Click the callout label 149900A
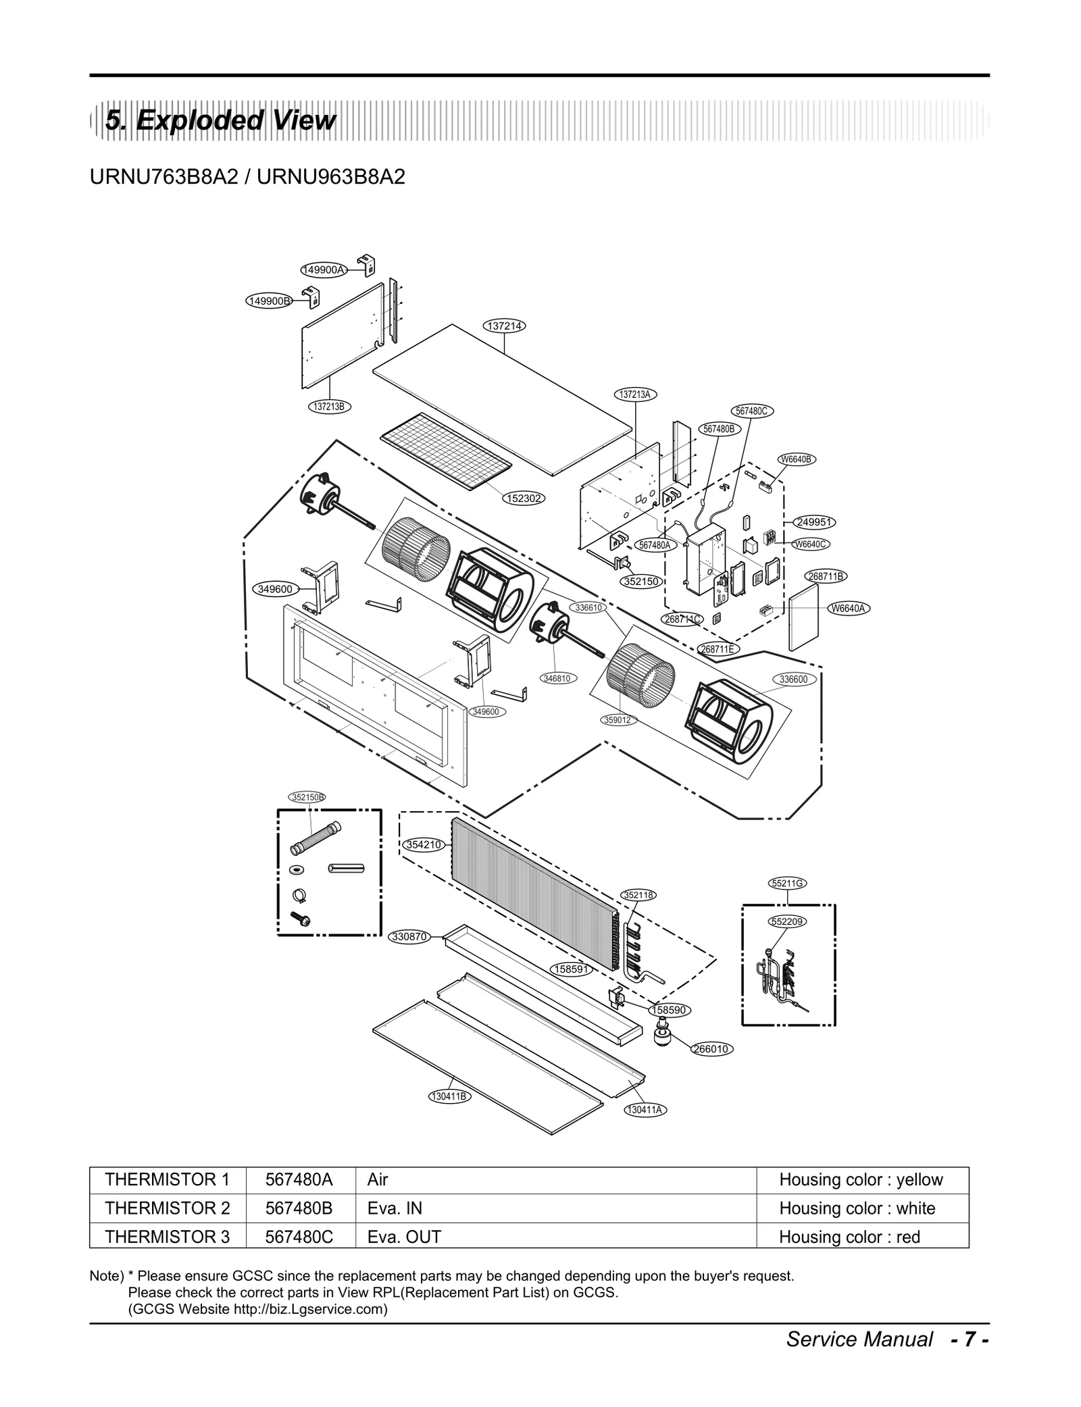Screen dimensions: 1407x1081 coord(323,270)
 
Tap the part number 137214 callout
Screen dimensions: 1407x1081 coord(505,326)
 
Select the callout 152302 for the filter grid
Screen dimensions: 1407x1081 coord(523,498)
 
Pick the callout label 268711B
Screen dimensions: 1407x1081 coord(826,576)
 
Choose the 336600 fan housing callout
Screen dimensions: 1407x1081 coord(793,679)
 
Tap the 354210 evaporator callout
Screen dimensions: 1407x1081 coord(424,844)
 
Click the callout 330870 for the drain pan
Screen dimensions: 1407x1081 coord(410,936)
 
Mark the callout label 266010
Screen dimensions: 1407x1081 coord(711,1049)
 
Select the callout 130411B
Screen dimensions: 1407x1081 coord(449,1096)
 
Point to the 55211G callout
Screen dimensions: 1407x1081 coord(788,883)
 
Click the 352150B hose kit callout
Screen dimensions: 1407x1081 coord(307,797)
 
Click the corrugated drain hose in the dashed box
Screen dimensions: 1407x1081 coord(316,838)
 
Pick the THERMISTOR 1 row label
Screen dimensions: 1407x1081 coord(167,1179)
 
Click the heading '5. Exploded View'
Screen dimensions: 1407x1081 coord(220,121)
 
